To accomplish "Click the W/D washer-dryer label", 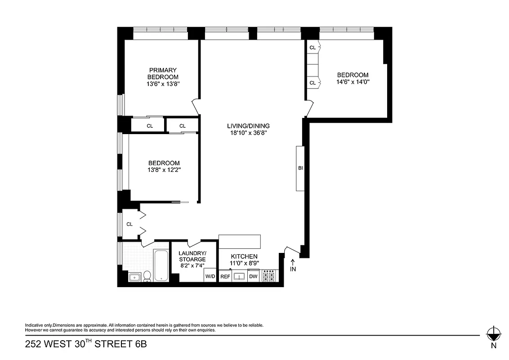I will click(x=210, y=276).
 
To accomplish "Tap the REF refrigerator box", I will click(x=225, y=276).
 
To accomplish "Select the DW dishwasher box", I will click(x=253, y=276).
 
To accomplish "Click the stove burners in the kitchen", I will click(x=268, y=276).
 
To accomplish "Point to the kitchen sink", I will click(x=239, y=276).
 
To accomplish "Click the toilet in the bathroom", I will click(x=147, y=276).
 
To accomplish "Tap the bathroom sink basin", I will click(x=134, y=277).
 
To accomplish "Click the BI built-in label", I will click(x=300, y=168).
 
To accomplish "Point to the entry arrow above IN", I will click(x=293, y=261).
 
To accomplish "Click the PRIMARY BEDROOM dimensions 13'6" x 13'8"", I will click(x=163, y=84).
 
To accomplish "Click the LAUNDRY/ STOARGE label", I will click(x=192, y=256).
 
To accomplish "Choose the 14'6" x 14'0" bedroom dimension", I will click(x=353, y=82).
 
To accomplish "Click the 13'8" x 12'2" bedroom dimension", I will click(x=164, y=170).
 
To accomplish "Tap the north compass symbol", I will click(x=493, y=334).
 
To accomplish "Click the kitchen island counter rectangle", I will click(x=240, y=241).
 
